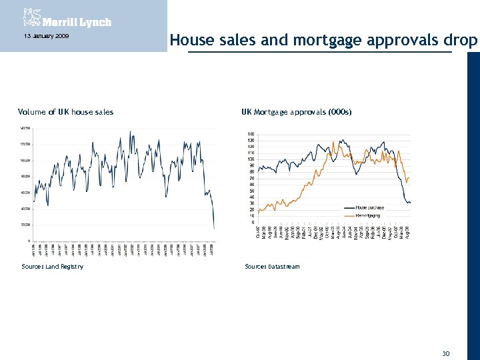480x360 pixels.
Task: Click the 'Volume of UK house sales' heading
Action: [65, 112]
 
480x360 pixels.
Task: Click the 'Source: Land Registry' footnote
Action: [53, 267]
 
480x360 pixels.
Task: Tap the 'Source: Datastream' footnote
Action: [272, 267]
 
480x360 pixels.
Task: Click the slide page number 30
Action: [446, 353]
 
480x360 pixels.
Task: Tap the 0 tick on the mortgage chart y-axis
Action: [253, 222]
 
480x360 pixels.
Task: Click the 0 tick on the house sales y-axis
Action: [27, 241]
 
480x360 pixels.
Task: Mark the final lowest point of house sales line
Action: [214, 229]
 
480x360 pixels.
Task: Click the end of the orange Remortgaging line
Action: [409, 177]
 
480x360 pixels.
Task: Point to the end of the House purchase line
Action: [410, 203]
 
